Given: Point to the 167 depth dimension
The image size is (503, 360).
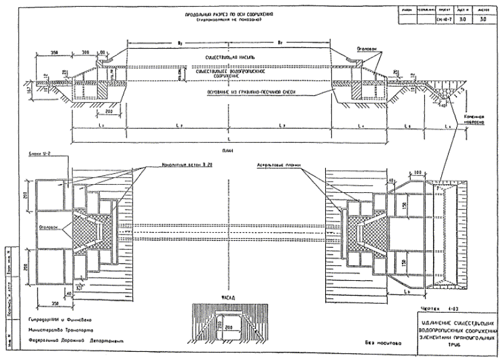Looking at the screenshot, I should [x=23, y=92].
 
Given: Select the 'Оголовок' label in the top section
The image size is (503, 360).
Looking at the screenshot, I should [x=366, y=48].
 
